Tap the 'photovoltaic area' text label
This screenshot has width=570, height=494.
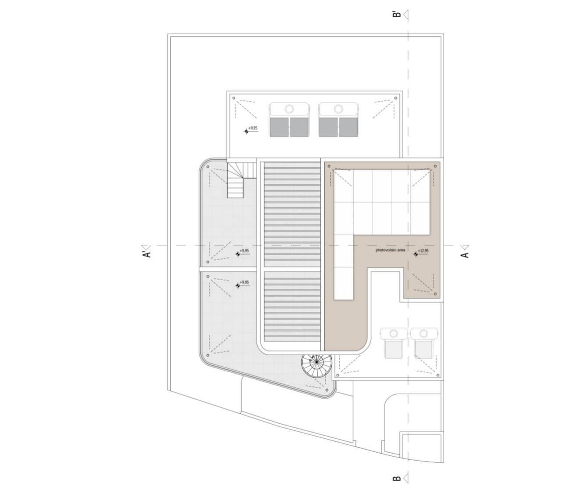pos(391,250)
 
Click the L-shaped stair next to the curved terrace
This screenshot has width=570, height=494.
pos(240,180)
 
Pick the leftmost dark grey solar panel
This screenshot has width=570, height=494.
pos(279,127)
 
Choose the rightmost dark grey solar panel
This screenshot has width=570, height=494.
pos(348,127)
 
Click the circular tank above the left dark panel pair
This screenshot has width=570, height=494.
pos(289,108)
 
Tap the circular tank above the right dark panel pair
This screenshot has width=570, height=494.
pos(338,108)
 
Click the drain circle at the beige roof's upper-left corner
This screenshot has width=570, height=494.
pos(329,166)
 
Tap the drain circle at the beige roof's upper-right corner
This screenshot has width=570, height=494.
pos(435,166)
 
